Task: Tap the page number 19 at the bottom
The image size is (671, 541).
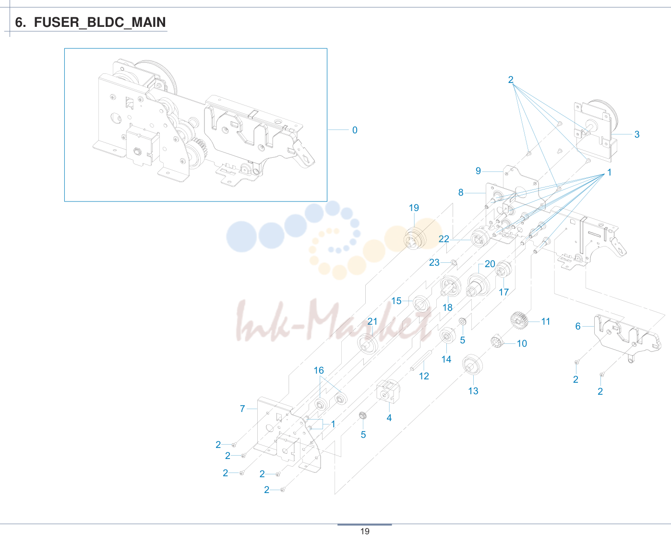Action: [x=365, y=531]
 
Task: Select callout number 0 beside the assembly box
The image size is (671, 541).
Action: [x=355, y=130]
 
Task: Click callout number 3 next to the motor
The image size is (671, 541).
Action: [x=637, y=134]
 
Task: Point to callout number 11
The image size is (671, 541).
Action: [x=546, y=321]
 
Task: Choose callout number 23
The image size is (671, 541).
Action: [x=434, y=262]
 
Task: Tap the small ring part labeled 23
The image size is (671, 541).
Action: [x=454, y=263]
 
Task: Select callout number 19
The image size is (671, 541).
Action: [x=414, y=208]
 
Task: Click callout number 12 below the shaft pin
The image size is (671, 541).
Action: [x=424, y=376]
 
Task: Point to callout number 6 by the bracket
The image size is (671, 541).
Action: [x=578, y=326]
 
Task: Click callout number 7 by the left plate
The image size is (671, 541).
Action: [x=242, y=408]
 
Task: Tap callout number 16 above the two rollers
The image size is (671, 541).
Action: [x=319, y=370]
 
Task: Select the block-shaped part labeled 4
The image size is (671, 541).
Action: [x=388, y=391]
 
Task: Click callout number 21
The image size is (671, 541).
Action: [x=372, y=321]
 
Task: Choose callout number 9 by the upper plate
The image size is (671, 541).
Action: [x=478, y=171]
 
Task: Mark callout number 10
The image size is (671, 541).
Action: [x=522, y=343]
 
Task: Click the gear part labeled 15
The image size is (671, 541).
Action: [x=421, y=304]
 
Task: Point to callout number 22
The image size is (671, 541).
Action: [x=443, y=239]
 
